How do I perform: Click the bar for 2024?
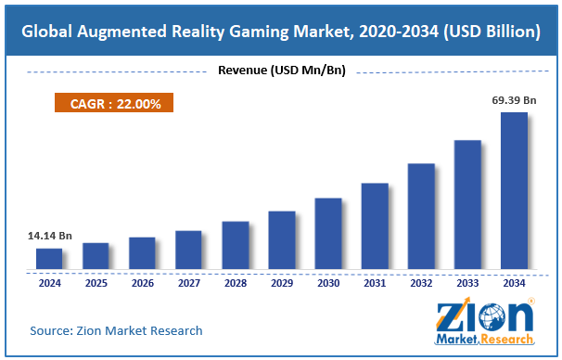pyautogui.click(x=49, y=259)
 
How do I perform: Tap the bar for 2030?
pyautogui.click(x=327, y=234)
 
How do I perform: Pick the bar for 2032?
pyautogui.click(x=421, y=216)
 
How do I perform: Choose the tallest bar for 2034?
pyautogui.click(x=514, y=191)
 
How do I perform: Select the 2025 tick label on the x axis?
pyautogui.click(x=96, y=283)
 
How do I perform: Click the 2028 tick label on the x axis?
pyautogui.click(x=235, y=283)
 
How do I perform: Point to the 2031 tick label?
pyautogui.click(x=375, y=283)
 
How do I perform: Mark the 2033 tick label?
pyautogui.click(x=467, y=283)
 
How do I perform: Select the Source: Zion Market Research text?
pyautogui.click(x=116, y=330)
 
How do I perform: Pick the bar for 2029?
pyautogui.click(x=281, y=240)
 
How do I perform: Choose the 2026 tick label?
pyautogui.click(x=142, y=283)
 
